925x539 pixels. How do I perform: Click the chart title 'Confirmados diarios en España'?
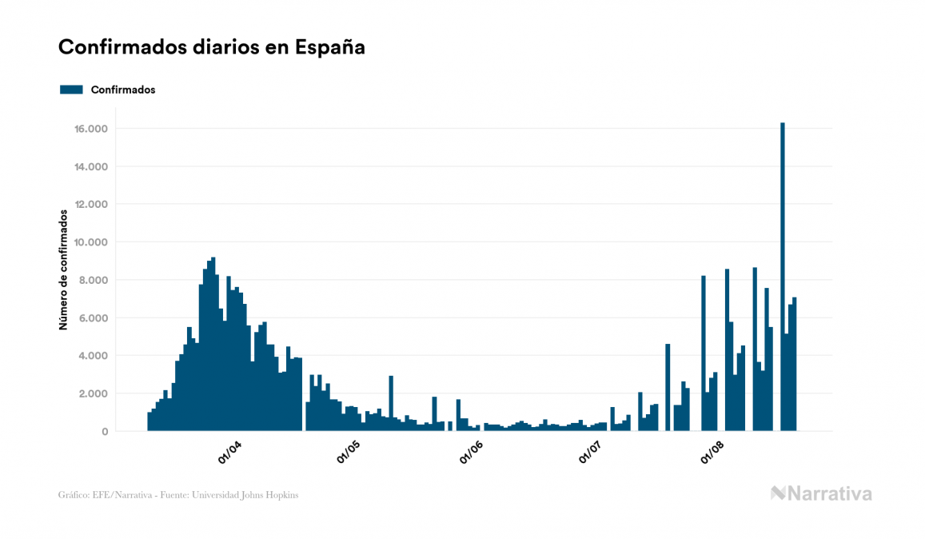212,47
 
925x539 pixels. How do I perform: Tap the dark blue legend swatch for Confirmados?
72,90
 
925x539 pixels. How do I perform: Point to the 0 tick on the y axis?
104,432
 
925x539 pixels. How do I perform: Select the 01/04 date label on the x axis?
229,451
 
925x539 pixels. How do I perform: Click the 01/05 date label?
349,451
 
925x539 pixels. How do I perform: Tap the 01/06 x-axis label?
472,451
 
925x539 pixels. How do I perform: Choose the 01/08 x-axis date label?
713,451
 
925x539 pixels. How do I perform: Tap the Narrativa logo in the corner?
821,493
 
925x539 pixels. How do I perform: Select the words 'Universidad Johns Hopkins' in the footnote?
253,495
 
